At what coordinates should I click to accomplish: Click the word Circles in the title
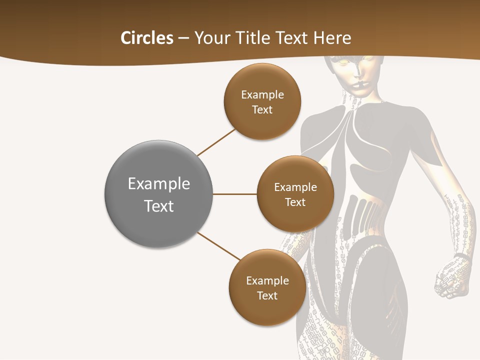coord(146,38)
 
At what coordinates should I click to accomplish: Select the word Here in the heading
coord(332,38)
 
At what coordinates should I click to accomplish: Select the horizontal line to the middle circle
coord(235,194)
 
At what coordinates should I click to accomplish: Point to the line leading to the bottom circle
coord(219,246)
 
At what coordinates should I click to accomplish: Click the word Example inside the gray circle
coord(158,183)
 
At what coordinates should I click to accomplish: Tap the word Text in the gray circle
coord(158,206)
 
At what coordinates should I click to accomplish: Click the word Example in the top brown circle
coord(262,94)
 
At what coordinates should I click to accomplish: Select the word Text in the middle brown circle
coord(295,202)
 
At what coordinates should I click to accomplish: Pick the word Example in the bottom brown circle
coord(267,280)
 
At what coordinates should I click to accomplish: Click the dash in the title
coord(183,38)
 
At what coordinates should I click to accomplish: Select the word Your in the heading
coord(209,38)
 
